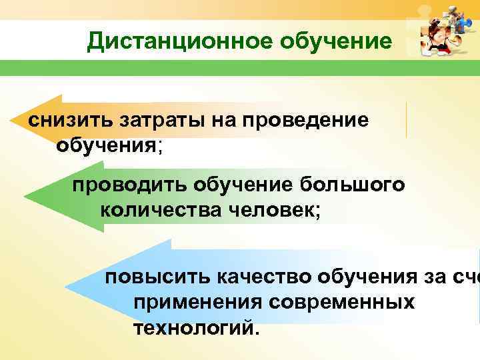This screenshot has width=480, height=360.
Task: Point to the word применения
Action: pyautogui.click(x=198, y=302)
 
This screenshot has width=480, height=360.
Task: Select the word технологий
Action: pyautogui.click(x=193, y=328)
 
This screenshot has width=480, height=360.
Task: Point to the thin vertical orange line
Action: pyautogui.click(x=406, y=120)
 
